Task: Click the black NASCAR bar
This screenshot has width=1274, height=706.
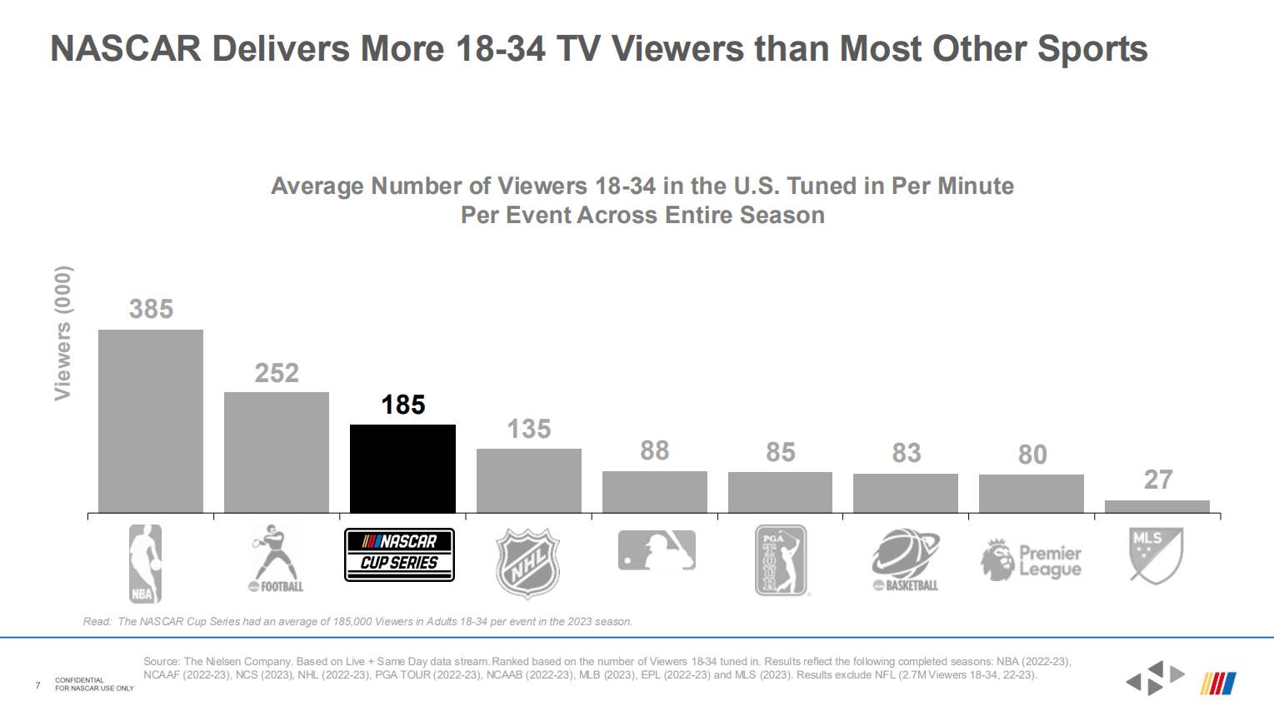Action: point(402,469)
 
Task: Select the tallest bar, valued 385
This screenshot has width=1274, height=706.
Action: point(151,420)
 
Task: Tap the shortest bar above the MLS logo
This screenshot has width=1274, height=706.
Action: point(1157,506)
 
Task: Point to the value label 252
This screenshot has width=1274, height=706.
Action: point(277,373)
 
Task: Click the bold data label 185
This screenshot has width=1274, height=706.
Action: point(403,405)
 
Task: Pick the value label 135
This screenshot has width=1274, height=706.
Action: point(529,429)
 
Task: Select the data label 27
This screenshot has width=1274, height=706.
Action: point(1158,480)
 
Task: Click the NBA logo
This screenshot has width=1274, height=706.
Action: point(145,564)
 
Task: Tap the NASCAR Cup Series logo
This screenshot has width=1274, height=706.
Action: point(399,554)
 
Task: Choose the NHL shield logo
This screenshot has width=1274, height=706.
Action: point(527,563)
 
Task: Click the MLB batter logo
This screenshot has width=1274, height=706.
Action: point(657,550)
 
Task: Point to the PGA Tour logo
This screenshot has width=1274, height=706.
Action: point(781,559)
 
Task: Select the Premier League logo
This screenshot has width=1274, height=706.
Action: point(1032,560)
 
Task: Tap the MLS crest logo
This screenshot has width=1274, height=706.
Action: point(1156,555)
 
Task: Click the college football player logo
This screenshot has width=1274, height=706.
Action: point(276,559)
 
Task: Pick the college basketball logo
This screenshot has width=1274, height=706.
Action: point(906,559)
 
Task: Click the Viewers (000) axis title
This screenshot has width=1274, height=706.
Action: point(63,333)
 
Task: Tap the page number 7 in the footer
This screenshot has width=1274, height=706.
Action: point(37,685)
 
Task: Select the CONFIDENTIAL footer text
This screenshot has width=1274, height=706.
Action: point(80,680)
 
